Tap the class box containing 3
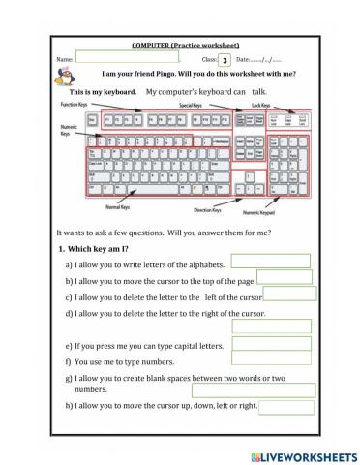[x=224, y=60]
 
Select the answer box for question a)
[x=284, y=261]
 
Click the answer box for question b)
[x=285, y=277]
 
